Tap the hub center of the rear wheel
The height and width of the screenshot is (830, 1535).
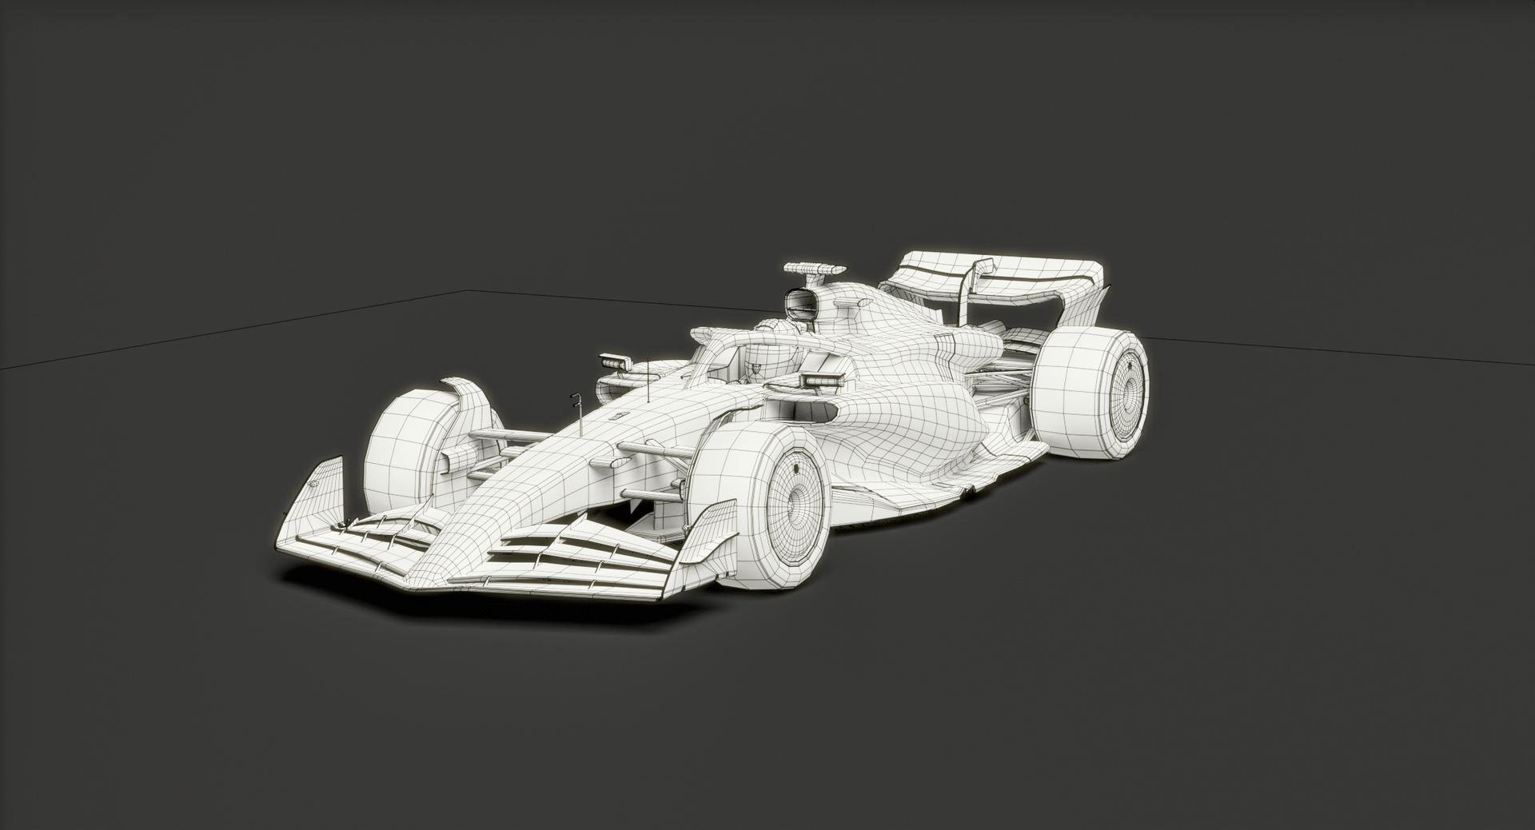click(x=1126, y=393)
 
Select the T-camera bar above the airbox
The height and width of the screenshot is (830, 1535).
click(x=814, y=269)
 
